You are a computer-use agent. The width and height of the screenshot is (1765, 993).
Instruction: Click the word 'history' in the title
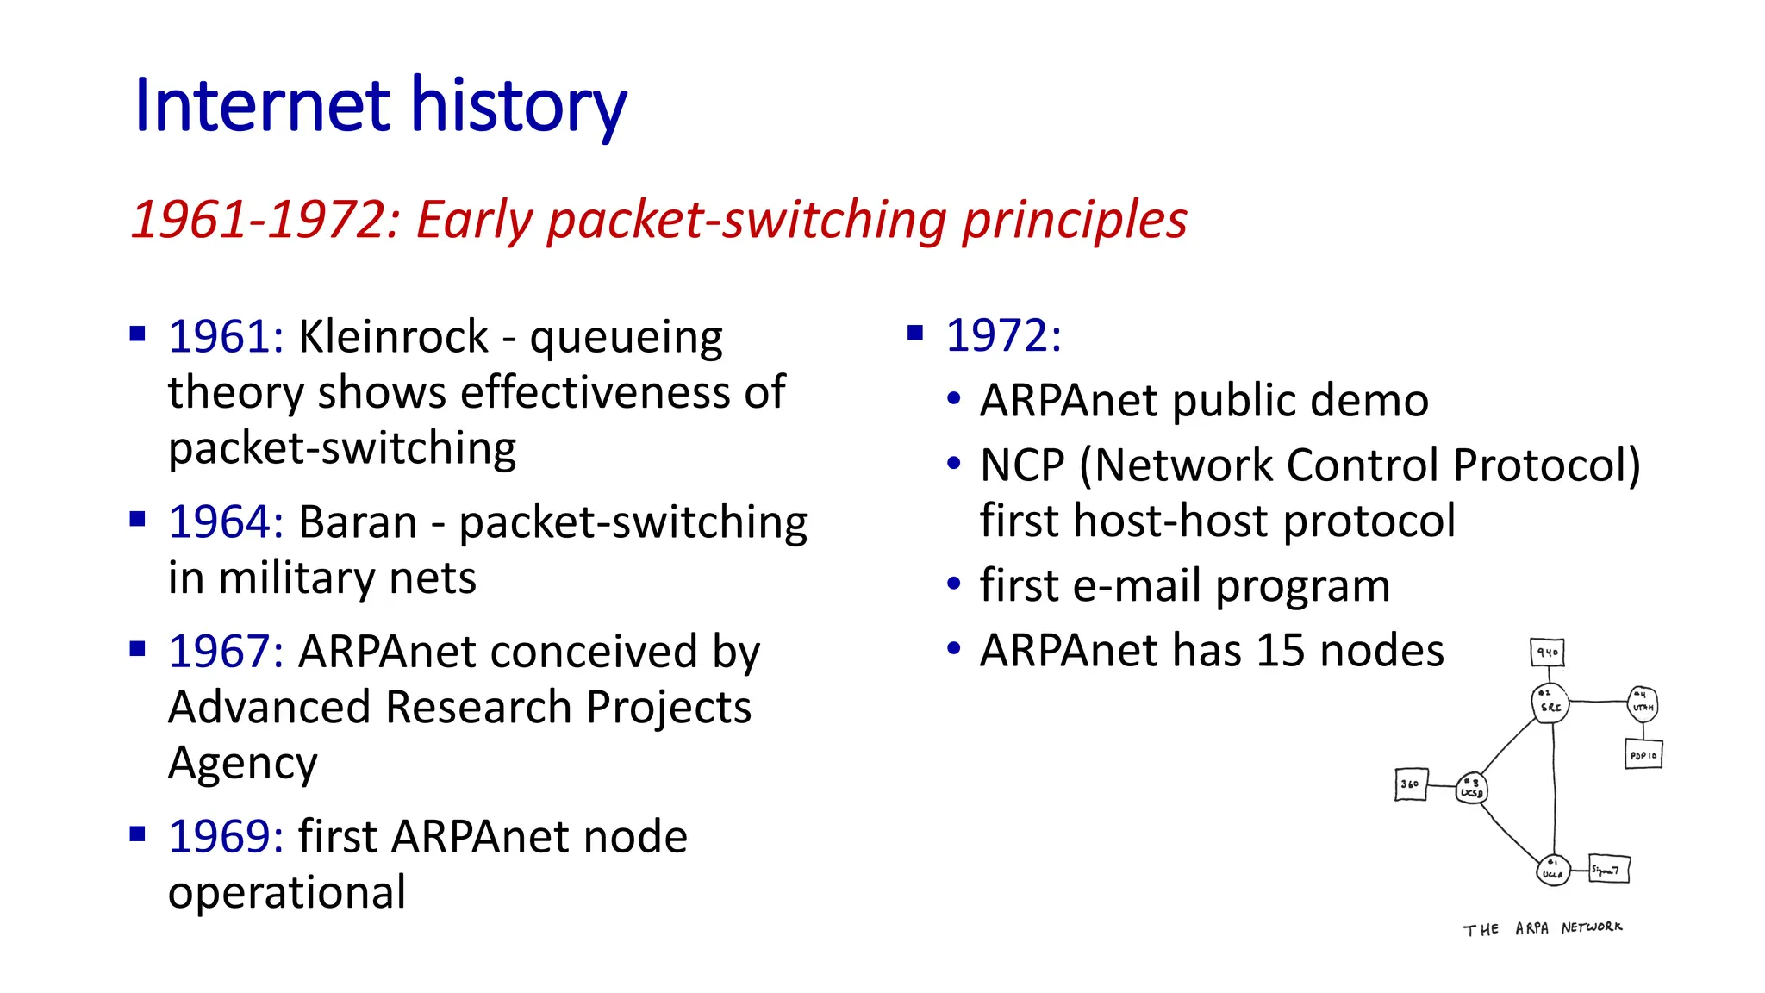coord(518,107)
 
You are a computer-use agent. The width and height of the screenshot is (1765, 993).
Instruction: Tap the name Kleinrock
coord(393,336)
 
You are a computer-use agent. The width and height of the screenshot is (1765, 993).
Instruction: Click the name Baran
coord(358,522)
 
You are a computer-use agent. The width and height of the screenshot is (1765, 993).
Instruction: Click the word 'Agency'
coord(242,764)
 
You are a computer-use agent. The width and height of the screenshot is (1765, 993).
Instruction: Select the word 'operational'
coord(286,893)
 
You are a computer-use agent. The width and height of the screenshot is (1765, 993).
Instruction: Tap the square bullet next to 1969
coord(137,834)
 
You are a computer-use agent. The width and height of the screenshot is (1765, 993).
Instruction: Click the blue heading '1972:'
coord(1003,335)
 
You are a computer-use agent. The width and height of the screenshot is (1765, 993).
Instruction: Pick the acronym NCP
coord(1023,465)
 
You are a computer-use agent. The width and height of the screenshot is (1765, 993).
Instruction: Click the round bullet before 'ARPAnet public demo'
coord(953,399)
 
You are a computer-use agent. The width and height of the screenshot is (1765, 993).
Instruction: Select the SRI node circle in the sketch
coord(1550,703)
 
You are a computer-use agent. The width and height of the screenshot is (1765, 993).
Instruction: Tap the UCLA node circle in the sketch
coord(1552,870)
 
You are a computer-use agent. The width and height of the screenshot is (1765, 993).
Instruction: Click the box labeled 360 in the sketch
coord(1411,784)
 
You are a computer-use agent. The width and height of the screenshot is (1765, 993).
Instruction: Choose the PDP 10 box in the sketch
coord(1643,754)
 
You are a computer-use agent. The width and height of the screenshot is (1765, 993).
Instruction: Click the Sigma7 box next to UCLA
coord(1608,869)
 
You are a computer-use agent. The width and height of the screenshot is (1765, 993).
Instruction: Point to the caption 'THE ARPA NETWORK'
coord(1542,928)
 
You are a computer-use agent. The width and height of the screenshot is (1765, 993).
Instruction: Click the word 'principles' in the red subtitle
coord(1074,221)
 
